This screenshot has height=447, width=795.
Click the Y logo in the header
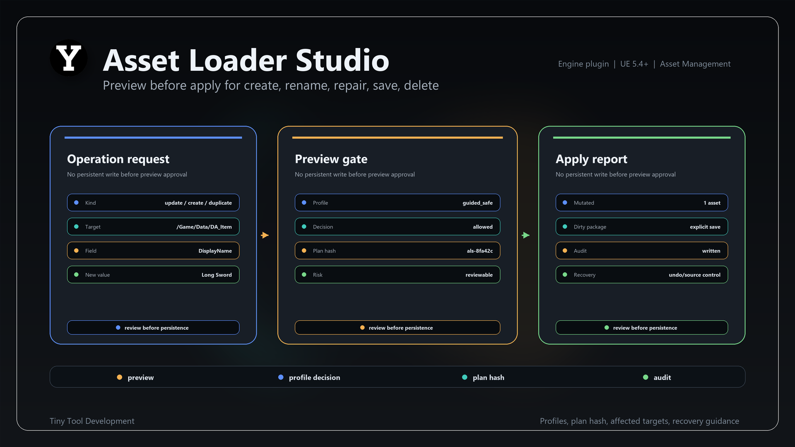(x=68, y=58)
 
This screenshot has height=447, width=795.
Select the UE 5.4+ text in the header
(x=634, y=64)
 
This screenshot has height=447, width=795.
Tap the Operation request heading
(x=118, y=159)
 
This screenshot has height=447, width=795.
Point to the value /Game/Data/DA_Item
(x=204, y=227)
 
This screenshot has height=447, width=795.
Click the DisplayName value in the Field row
(x=215, y=251)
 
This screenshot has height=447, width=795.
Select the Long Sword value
(x=217, y=275)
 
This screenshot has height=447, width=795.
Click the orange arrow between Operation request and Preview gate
(x=265, y=235)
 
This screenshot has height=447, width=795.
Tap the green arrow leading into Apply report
(x=526, y=235)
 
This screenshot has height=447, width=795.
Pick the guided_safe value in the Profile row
(x=477, y=203)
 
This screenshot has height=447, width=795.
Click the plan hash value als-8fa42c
(x=480, y=251)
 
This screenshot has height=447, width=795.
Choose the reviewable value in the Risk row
(x=479, y=275)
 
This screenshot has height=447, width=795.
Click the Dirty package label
(x=590, y=227)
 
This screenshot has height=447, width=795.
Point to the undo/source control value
(x=694, y=275)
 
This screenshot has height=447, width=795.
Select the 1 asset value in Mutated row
(x=712, y=203)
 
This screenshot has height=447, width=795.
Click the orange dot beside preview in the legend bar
(x=120, y=377)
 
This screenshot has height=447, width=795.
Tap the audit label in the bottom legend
(x=662, y=377)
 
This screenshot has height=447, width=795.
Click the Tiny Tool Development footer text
(x=92, y=421)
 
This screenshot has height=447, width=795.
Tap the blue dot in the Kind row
(x=76, y=203)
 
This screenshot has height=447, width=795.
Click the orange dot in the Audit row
(x=565, y=251)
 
